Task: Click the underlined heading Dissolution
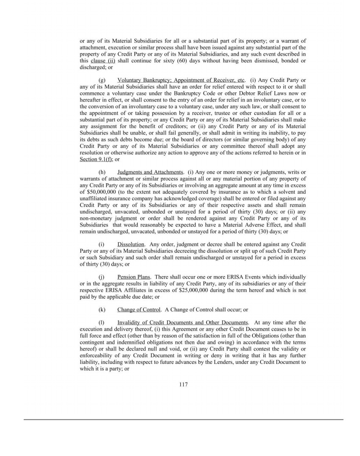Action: pyautogui.click(x=131, y=245)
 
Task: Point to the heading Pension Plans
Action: pyautogui.click(x=133, y=277)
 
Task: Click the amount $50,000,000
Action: pyautogui.click(x=97, y=192)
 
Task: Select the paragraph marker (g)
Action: pyautogui.click(x=102, y=80)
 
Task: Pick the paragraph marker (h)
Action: pyautogui.click(x=102, y=172)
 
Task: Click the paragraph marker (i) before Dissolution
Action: pyautogui.click(x=101, y=245)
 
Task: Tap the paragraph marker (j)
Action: pyautogui.click(x=101, y=277)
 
